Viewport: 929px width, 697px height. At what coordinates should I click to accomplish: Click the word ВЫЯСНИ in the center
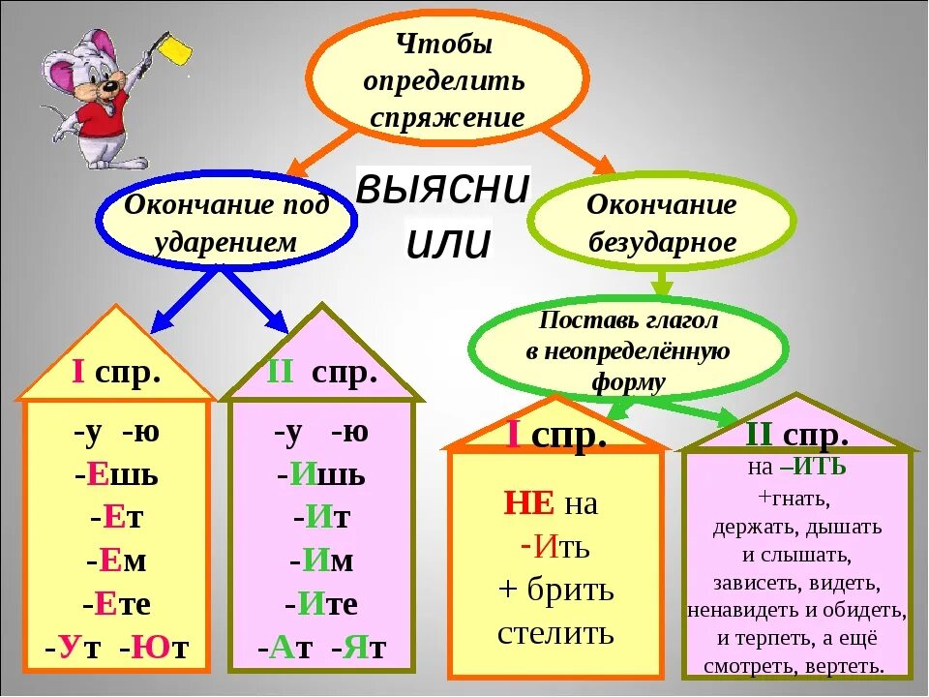(x=443, y=187)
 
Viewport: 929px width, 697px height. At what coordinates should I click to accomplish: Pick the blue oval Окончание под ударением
(x=226, y=224)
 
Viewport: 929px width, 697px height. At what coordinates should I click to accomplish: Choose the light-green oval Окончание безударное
(x=662, y=224)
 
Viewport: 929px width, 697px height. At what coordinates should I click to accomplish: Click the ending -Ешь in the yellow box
(x=116, y=474)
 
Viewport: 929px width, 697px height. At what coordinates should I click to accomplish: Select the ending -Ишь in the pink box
(x=322, y=474)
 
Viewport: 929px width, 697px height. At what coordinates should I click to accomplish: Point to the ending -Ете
(x=117, y=605)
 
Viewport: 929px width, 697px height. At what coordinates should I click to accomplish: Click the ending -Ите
(x=322, y=605)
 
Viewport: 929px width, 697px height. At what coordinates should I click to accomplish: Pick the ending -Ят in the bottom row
(x=358, y=648)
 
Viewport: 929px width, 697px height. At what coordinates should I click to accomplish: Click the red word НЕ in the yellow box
(x=529, y=503)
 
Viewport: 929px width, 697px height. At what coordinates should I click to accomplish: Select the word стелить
(x=555, y=633)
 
